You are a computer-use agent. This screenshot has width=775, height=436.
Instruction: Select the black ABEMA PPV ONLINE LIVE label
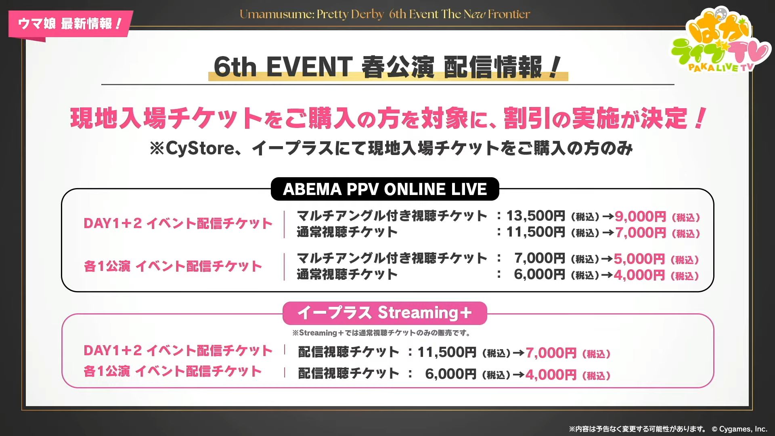(385, 189)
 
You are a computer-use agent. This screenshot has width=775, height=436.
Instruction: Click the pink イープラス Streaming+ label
(385, 313)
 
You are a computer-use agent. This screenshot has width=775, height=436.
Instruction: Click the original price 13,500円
(536, 216)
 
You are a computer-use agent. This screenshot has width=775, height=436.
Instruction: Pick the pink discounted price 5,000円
(639, 259)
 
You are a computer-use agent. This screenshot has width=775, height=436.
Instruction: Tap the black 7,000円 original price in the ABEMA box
(540, 258)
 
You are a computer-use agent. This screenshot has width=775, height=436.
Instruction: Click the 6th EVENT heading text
(283, 67)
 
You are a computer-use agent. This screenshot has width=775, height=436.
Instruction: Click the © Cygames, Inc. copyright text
(739, 429)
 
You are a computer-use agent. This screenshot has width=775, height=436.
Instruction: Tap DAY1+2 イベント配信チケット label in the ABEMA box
(178, 223)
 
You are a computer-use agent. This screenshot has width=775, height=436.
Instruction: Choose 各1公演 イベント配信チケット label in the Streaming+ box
(173, 371)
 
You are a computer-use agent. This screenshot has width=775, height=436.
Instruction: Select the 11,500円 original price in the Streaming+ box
(447, 352)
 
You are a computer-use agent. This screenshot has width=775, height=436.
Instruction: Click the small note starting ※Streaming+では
(381, 333)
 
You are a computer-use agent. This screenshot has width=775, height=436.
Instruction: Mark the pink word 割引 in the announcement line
(527, 119)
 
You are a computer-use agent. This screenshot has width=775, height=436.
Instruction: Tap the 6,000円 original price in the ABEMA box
(540, 275)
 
